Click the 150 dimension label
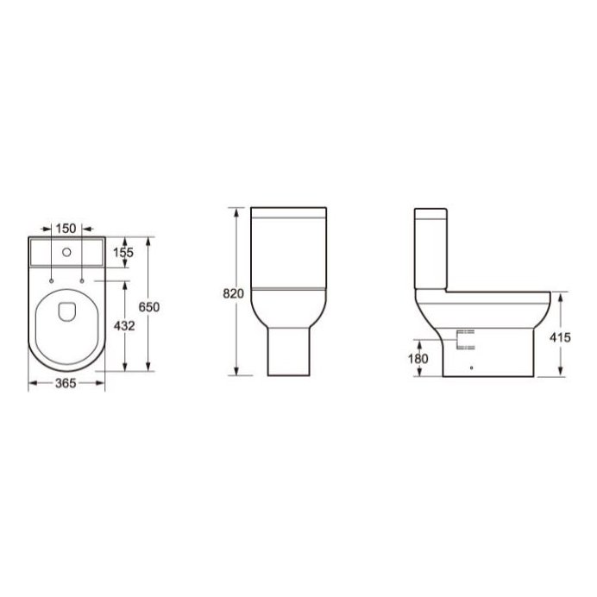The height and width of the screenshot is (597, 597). [66, 228]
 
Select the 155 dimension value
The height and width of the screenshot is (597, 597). [124, 254]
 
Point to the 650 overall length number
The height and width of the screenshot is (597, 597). [151, 307]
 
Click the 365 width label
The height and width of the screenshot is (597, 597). [66, 384]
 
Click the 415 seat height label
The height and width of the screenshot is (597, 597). [560, 337]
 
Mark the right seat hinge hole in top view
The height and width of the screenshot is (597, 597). [81, 281]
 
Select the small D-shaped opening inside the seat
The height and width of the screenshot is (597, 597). [66, 311]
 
